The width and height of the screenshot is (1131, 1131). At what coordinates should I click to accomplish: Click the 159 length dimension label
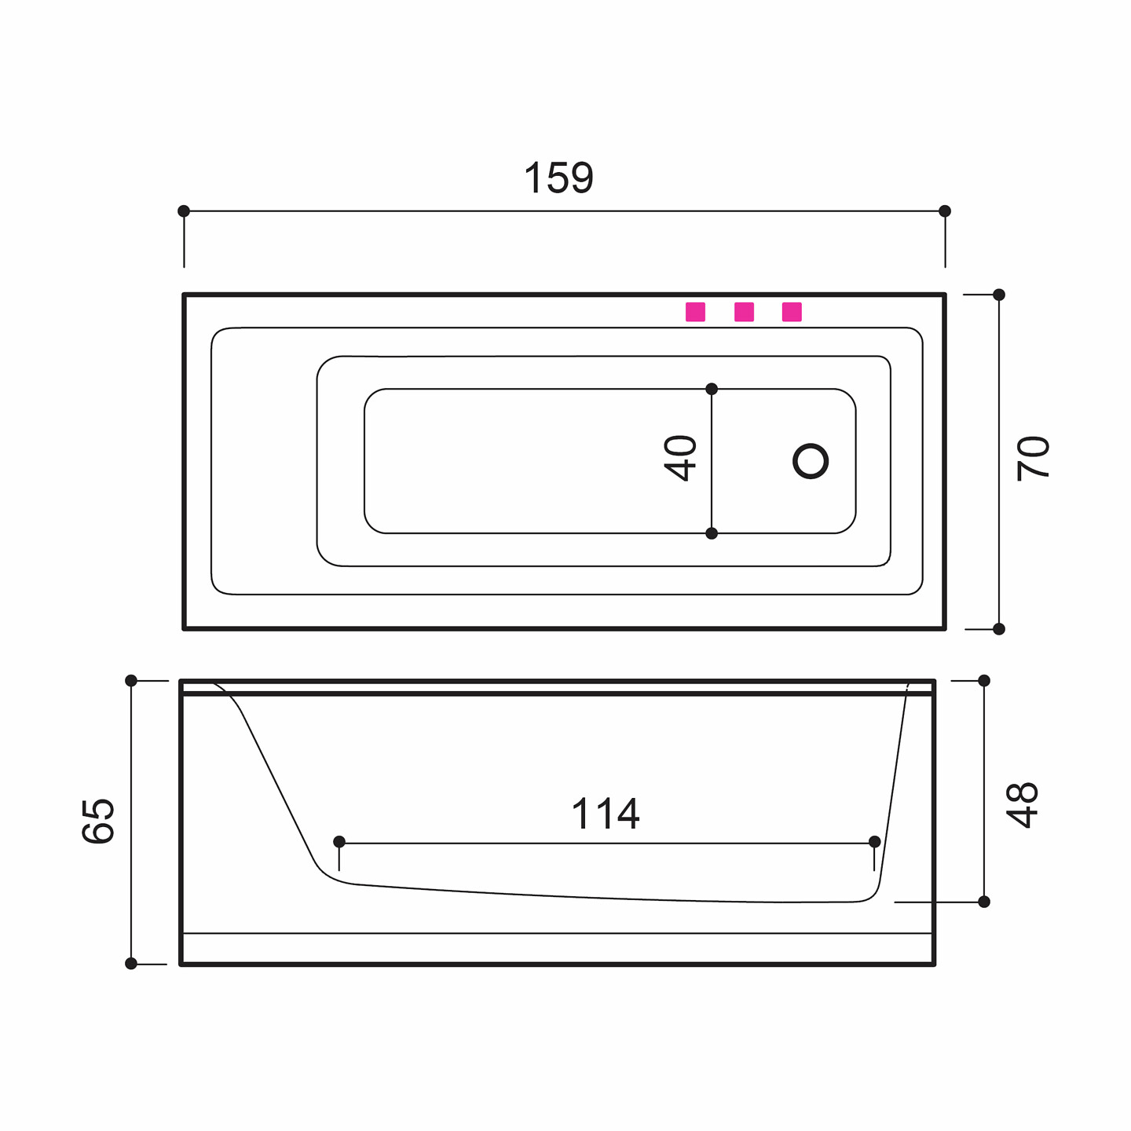click(x=558, y=178)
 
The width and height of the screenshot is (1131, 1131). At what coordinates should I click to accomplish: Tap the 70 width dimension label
click(x=1032, y=459)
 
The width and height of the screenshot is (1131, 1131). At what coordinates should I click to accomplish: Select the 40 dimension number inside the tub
click(x=679, y=459)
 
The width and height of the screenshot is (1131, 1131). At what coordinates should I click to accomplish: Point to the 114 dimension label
click(x=605, y=814)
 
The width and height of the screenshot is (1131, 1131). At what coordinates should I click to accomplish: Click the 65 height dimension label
click(x=98, y=821)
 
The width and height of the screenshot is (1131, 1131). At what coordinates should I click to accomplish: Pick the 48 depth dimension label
click(x=1022, y=805)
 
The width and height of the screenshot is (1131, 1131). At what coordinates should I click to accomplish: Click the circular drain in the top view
click(x=810, y=461)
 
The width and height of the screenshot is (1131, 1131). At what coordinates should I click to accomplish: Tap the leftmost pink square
click(x=695, y=312)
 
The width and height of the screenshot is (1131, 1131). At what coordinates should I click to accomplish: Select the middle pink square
click(x=744, y=312)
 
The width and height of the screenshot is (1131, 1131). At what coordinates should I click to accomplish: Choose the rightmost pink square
click(x=792, y=312)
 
